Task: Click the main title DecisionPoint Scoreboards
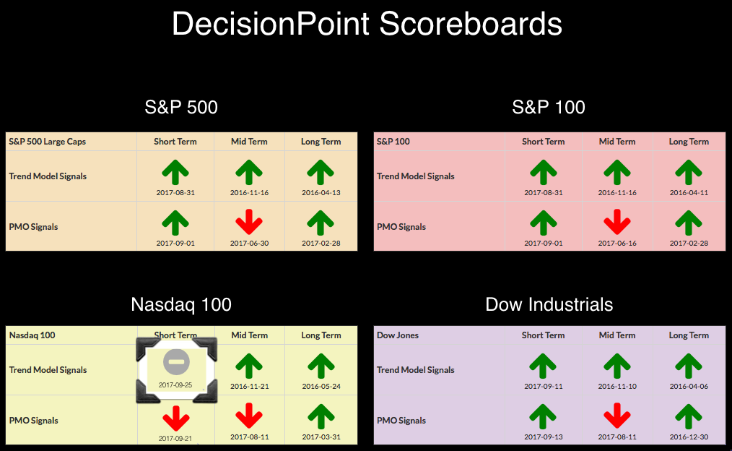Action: click(367, 24)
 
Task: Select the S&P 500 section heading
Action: click(181, 108)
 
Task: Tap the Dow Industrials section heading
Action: click(549, 305)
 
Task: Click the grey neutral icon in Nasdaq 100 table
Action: click(176, 361)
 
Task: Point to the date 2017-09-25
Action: click(175, 385)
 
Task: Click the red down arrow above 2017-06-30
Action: click(249, 222)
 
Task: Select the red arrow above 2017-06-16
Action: click(617, 222)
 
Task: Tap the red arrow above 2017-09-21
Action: click(176, 418)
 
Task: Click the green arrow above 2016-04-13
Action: click(321, 172)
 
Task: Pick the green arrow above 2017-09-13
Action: click(542, 416)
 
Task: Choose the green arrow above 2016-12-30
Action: click(689, 416)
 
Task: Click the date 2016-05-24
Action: click(321, 387)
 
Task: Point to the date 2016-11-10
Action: click(617, 387)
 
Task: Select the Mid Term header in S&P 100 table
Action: click(617, 142)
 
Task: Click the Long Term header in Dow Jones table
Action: click(689, 335)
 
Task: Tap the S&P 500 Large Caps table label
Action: click(47, 142)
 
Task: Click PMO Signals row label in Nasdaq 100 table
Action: click(34, 421)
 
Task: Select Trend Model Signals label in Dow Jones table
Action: click(416, 370)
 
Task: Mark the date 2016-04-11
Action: click(689, 192)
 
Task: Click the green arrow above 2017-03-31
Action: click(321, 416)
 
